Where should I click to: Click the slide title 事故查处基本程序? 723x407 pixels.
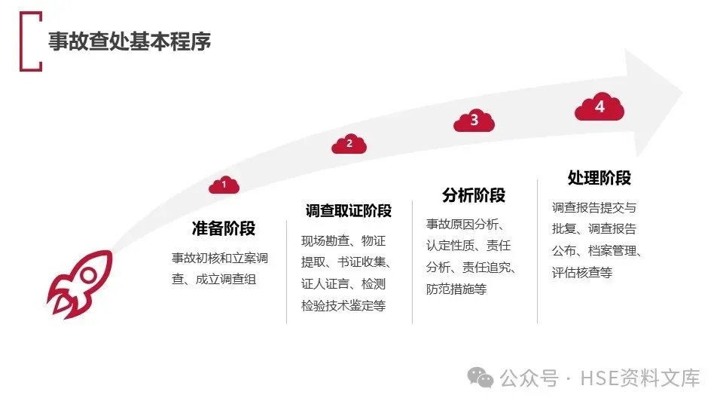130,41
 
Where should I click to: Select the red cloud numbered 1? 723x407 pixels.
224,184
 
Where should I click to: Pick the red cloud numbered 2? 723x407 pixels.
349,143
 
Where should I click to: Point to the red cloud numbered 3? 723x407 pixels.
474,121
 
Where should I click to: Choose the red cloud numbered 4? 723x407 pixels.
599,108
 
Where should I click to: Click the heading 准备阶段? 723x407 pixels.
224,228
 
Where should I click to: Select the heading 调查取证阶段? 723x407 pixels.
349,210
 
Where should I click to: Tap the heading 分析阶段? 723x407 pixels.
474,195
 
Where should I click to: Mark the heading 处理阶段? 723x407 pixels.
599,178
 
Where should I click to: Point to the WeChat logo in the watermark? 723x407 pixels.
480,377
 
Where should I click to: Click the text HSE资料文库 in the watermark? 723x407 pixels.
639,378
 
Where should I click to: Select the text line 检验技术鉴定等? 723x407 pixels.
343,306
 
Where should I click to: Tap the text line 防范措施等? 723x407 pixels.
456,289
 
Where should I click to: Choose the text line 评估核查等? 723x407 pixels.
582,272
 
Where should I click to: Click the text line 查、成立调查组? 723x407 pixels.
214,279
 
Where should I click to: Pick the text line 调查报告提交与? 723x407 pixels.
594,208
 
